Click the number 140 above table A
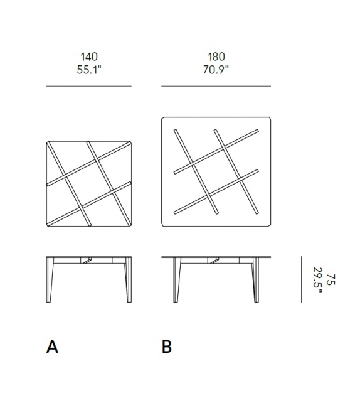pyautogui.click(x=88, y=57)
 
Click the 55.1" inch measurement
pyautogui.click(x=88, y=69)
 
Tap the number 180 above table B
pyautogui.click(x=216, y=57)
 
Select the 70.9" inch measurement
pyautogui.click(x=216, y=69)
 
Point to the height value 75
pyautogui.click(x=331, y=278)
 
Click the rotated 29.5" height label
pyautogui.click(x=318, y=278)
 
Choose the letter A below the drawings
pyautogui.click(x=53, y=347)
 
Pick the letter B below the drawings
pyautogui.click(x=167, y=347)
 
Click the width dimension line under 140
pyautogui.click(x=88, y=86)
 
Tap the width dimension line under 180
pyautogui.click(x=216, y=86)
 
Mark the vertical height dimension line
pyautogui.click(x=302, y=278)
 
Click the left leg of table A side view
pyautogui.click(x=50, y=279)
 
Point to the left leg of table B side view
pyautogui.click(x=177, y=279)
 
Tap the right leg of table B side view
pyautogui.click(x=255, y=279)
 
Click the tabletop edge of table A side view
pyautogui.click(x=88, y=257)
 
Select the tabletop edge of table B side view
pyautogui.click(x=216, y=257)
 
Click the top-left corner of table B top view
pyautogui.click(x=163, y=119)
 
